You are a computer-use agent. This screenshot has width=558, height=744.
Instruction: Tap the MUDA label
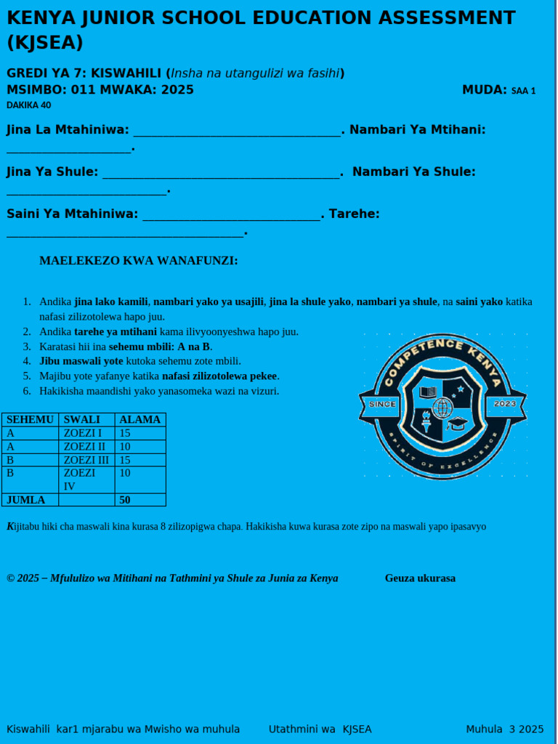coord(485,90)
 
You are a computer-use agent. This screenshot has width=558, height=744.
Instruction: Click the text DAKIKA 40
coord(29,105)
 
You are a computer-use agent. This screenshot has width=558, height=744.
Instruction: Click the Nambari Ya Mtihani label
coord(418,129)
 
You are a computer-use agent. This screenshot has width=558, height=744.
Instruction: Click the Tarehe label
coord(355,214)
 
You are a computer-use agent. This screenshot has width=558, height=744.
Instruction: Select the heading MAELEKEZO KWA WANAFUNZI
coord(139,261)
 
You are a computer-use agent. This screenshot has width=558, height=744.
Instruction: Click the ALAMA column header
coord(139,419)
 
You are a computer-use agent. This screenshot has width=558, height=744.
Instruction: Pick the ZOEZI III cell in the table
coord(86,460)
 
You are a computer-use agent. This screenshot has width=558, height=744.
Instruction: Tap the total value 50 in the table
coord(125,500)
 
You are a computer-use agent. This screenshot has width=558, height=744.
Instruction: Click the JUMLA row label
coord(26,500)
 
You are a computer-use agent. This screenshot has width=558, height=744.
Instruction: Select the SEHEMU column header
coord(31,419)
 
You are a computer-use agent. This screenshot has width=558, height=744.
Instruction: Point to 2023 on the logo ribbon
coord(504,403)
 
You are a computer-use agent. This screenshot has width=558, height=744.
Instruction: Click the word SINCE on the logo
coord(383,404)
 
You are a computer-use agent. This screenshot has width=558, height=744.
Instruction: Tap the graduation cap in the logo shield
coord(457,423)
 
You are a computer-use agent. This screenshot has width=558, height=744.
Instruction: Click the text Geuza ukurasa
coord(420,578)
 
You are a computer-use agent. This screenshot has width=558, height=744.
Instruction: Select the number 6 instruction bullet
coord(27,391)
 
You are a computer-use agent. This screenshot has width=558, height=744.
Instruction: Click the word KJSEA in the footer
coord(357,729)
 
